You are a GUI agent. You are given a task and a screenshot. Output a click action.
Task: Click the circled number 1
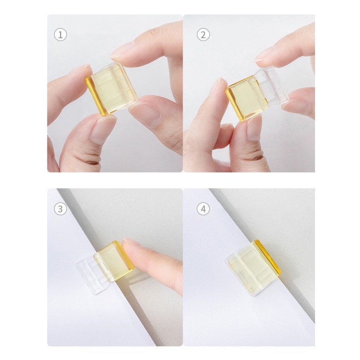[x=60, y=35]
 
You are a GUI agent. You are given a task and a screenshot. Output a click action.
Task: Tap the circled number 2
[x=203, y=35]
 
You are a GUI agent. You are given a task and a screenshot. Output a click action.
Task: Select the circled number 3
[x=60, y=209]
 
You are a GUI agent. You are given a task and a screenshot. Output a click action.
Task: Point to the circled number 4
[x=203, y=209]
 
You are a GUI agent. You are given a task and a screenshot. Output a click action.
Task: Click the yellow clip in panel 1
[x=112, y=89]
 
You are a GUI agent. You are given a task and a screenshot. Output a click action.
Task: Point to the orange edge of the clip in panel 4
[x=269, y=257]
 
